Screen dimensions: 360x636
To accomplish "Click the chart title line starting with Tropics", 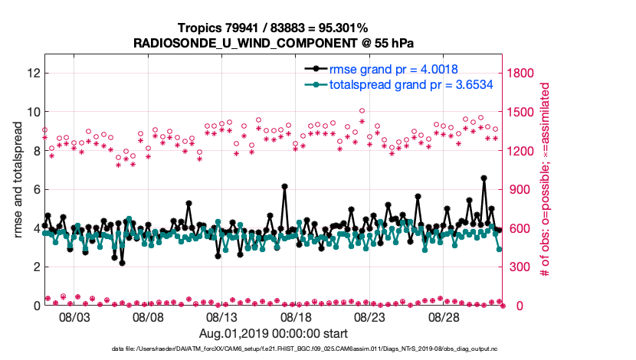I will click(x=274, y=28).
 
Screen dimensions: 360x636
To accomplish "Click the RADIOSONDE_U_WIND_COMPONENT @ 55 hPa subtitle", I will click(x=274, y=43).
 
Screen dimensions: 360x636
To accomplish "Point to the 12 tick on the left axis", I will click(x=33, y=74).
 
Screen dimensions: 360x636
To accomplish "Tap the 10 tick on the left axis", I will click(x=33, y=112).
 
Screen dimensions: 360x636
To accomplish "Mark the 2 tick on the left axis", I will click(x=36, y=267).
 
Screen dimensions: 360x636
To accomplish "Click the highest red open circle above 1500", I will click(x=362, y=111).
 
